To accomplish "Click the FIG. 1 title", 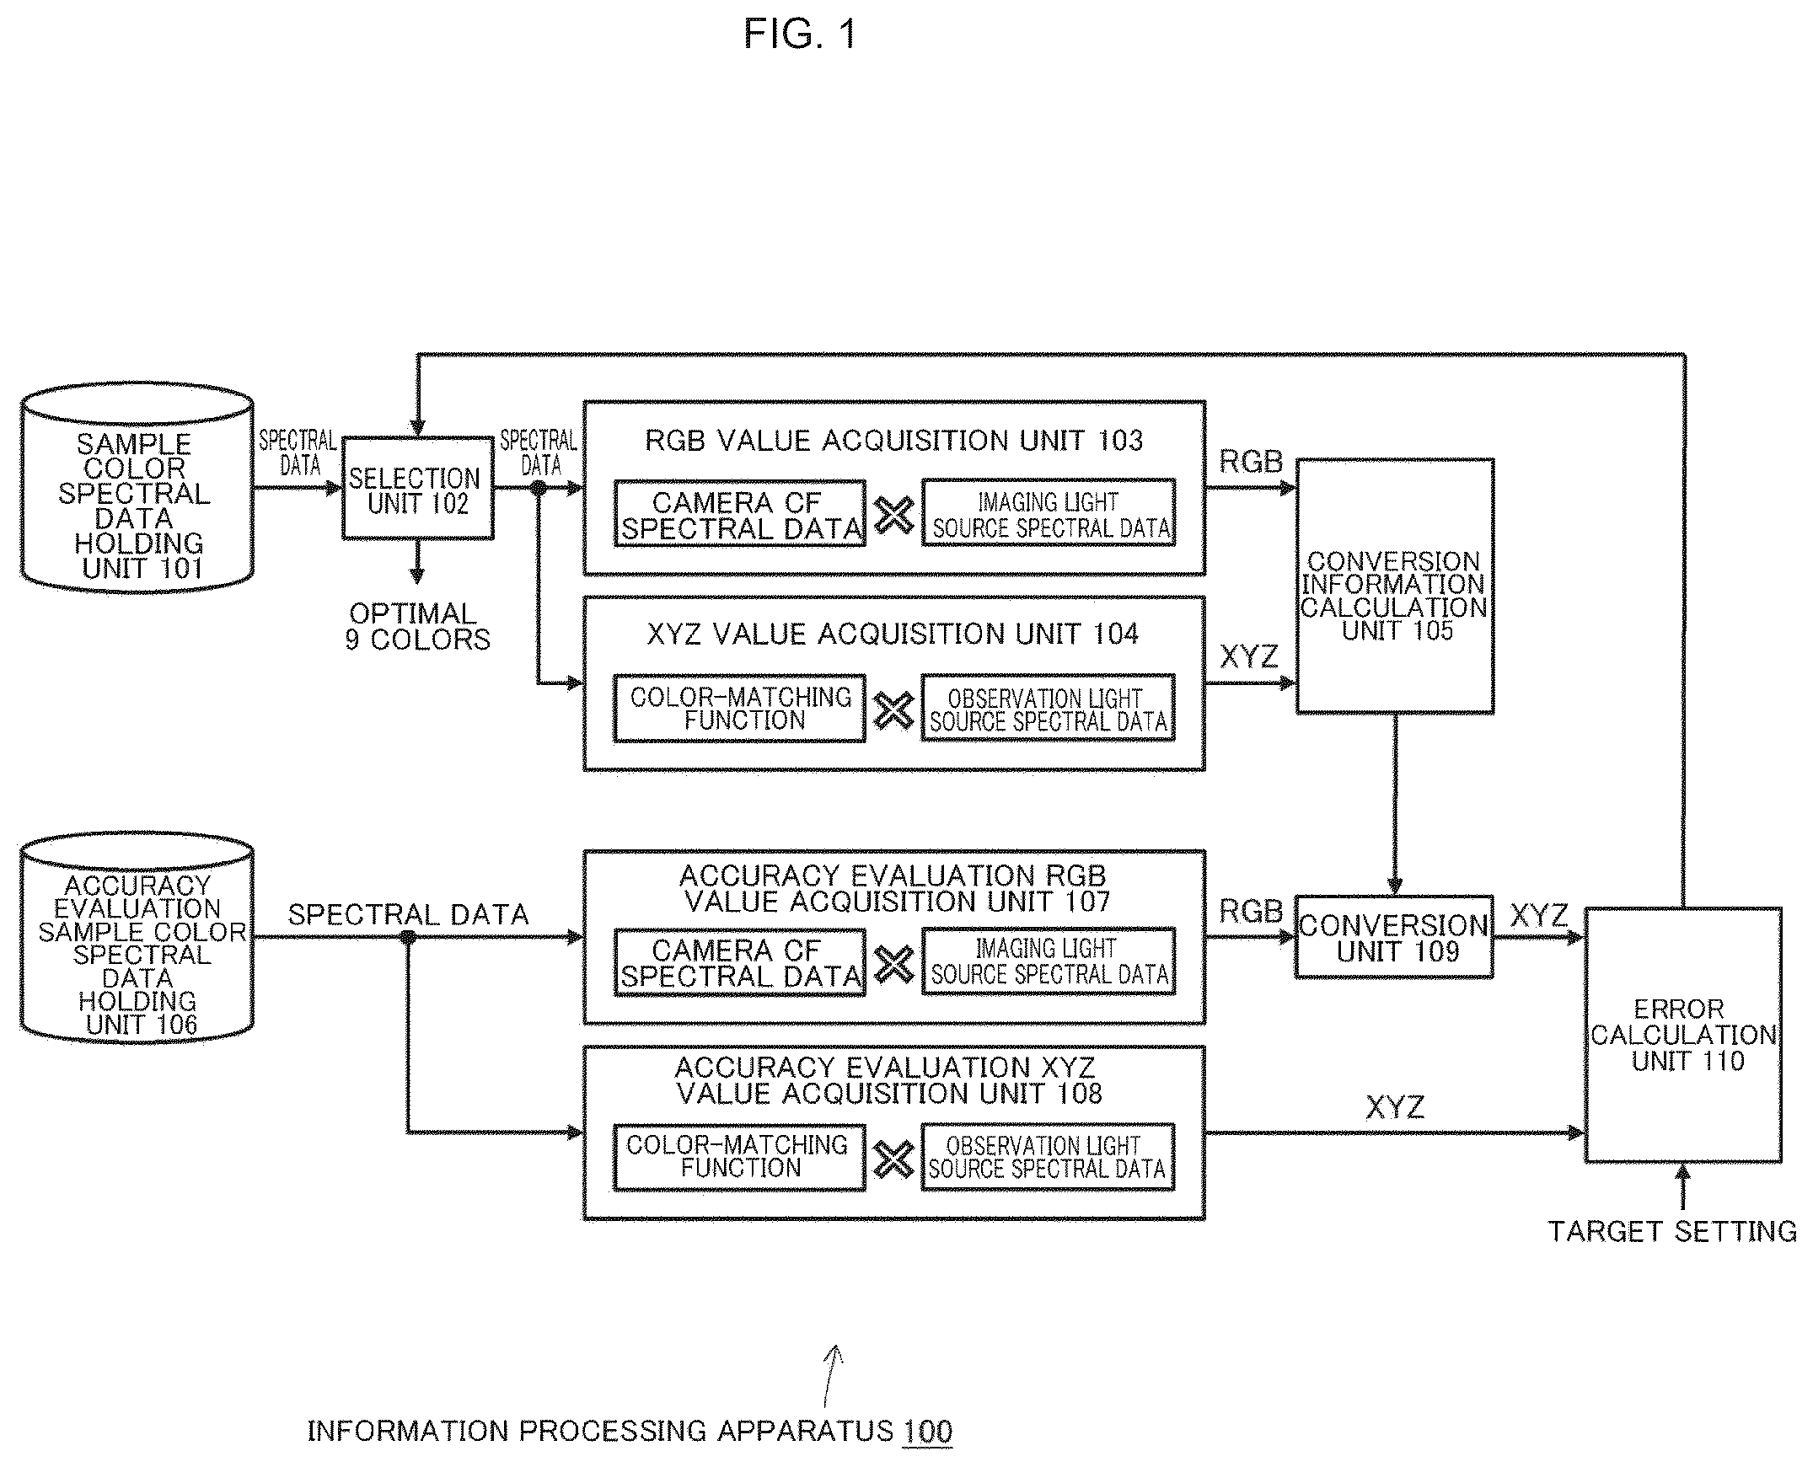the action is pyautogui.click(x=800, y=35).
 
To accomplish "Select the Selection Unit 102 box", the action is pyautogui.click(x=417, y=489).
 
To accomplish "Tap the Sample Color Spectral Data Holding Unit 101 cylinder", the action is pyautogui.click(x=137, y=488).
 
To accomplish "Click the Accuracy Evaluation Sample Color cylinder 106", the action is pyautogui.click(x=137, y=938).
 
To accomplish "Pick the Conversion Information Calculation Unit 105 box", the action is pyautogui.click(x=1395, y=586).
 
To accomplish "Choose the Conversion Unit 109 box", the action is pyautogui.click(x=1395, y=937).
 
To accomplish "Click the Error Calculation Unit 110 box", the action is pyautogui.click(x=1684, y=1036).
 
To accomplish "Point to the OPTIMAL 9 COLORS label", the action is pyautogui.click(x=417, y=626).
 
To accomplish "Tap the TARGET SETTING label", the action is pyautogui.click(x=1672, y=1231).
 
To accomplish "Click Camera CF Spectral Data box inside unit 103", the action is pyautogui.click(x=739, y=514).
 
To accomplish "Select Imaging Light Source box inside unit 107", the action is pyautogui.click(x=1048, y=961).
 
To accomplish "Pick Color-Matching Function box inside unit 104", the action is pyautogui.click(x=739, y=708).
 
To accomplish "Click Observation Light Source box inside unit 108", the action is pyautogui.click(x=1047, y=1157).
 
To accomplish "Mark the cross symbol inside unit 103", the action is pyautogui.click(x=894, y=515).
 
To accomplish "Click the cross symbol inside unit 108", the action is pyautogui.click(x=893, y=1159).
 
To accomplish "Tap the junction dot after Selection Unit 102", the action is pyautogui.click(x=538, y=488).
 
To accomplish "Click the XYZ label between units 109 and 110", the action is pyautogui.click(x=1538, y=915).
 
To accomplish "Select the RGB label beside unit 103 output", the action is pyautogui.click(x=1251, y=462).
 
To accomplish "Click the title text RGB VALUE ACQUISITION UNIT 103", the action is pyautogui.click(x=893, y=441).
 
